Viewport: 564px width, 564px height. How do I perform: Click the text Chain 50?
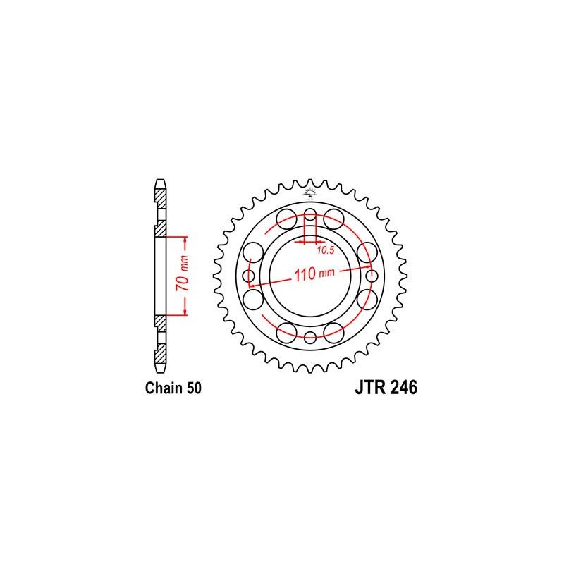[x=173, y=388]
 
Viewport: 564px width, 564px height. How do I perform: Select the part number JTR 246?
[x=386, y=388]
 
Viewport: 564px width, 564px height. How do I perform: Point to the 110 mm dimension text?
[x=314, y=274]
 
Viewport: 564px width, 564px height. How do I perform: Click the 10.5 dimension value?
[x=326, y=250]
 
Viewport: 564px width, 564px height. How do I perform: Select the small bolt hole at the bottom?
[x=309, y=338]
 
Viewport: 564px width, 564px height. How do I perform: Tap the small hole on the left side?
[x=249, y=276]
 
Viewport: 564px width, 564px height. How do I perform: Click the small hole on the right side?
[x=372, y=276]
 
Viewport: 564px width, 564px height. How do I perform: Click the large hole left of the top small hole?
[x=287, y=219]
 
